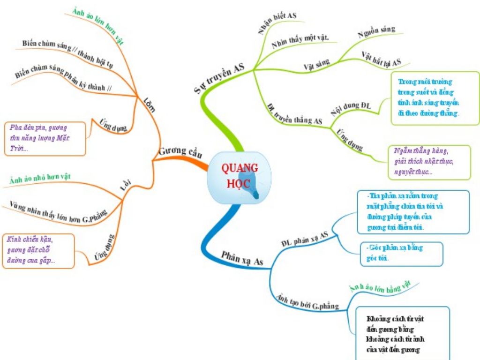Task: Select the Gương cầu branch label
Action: tap(180, 151)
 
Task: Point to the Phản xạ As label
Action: tap(242, 259)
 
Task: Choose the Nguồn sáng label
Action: tap(376, 32)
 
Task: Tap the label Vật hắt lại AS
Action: tap(382, 58)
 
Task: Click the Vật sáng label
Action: tap(316, 64)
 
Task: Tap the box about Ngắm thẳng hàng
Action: tap(429, 162)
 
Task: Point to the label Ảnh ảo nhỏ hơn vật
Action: tap(43, 177)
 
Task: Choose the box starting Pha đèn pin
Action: tap(45, 138)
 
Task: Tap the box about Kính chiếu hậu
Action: tap(38, 250)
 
